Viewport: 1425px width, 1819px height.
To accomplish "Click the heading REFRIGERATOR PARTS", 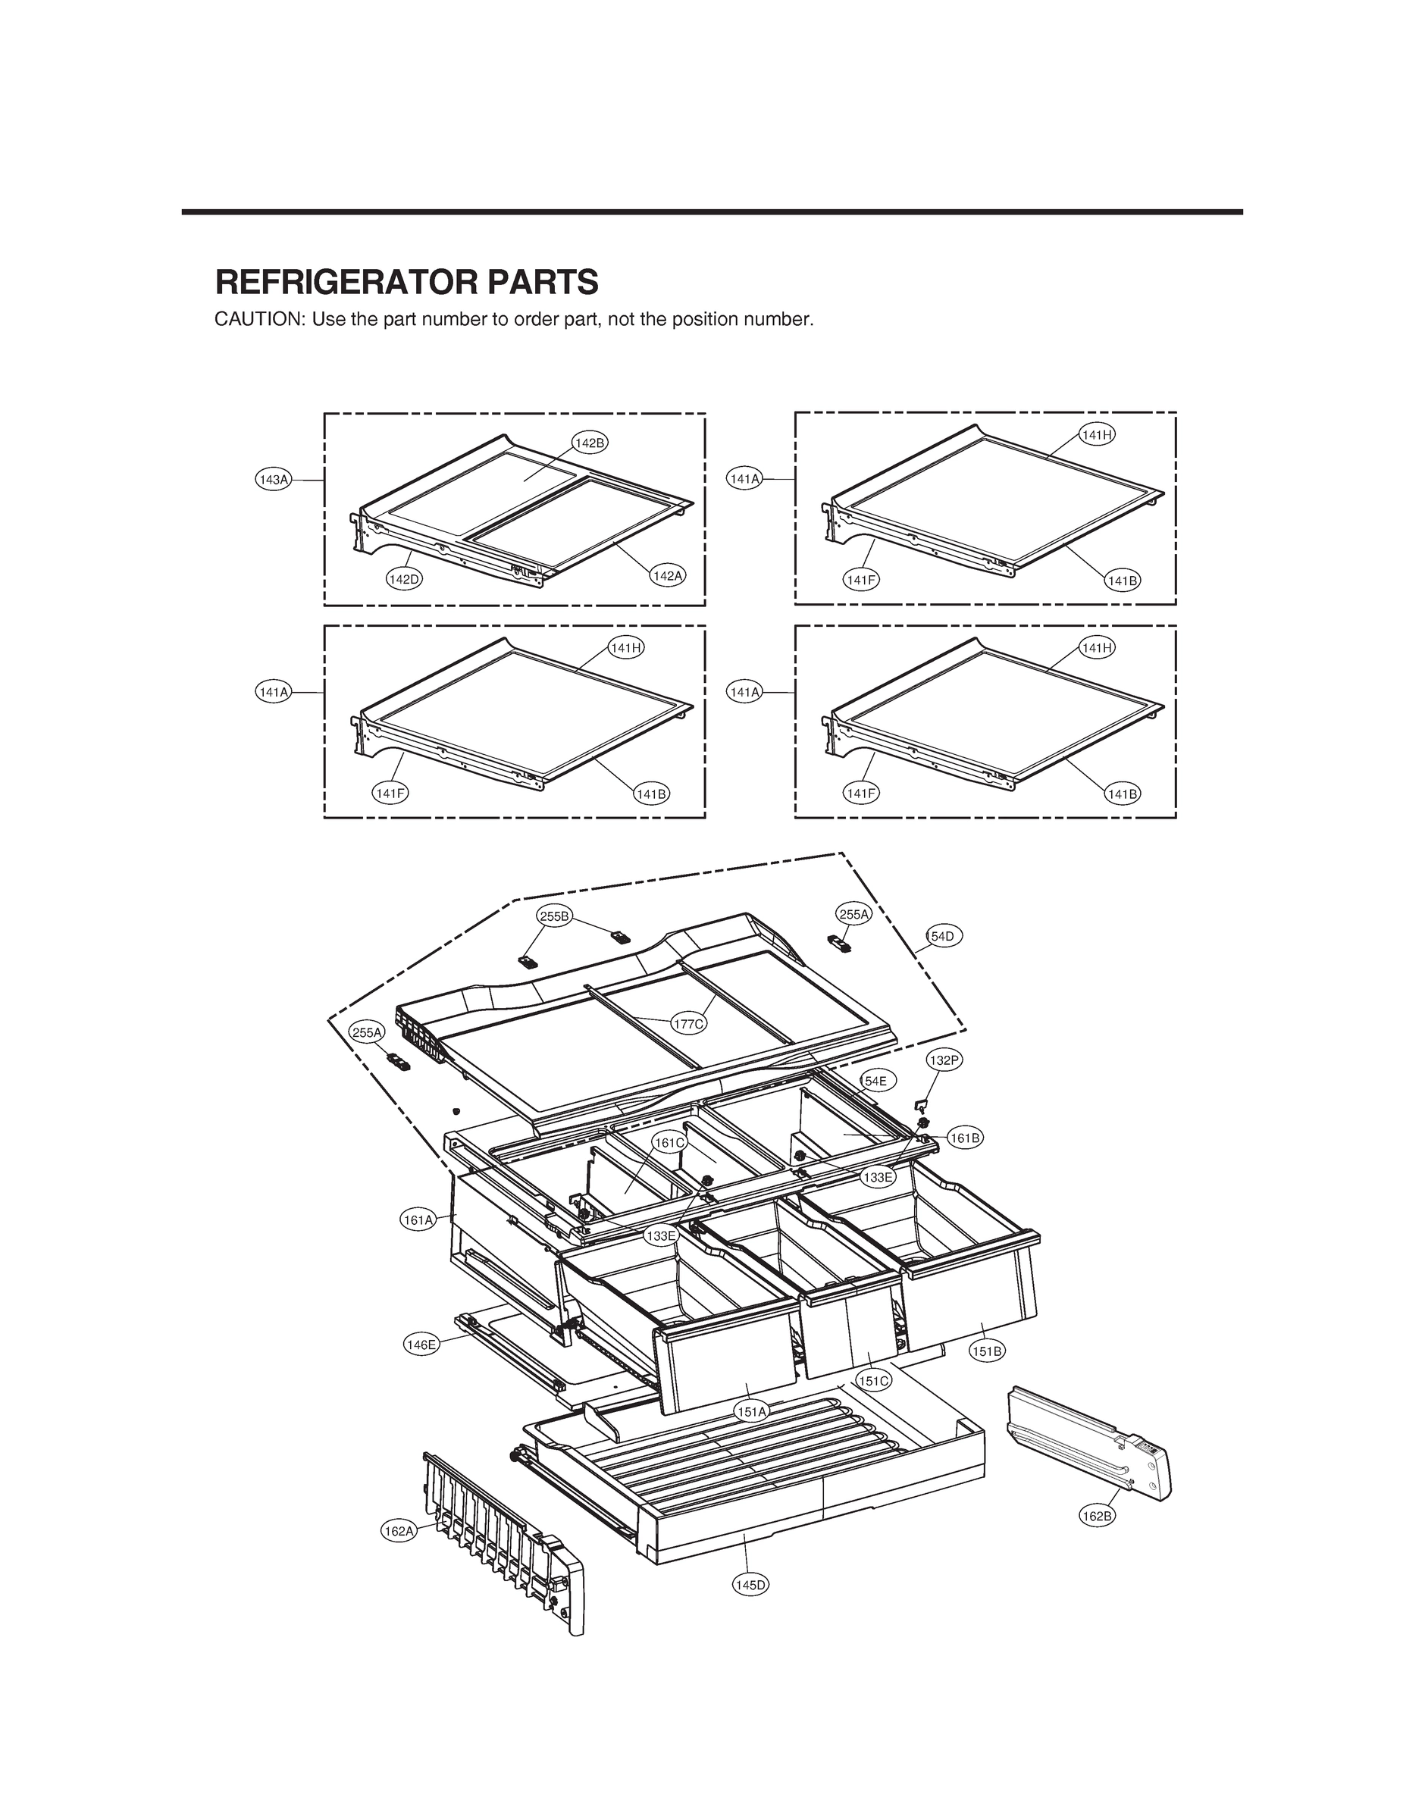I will click(x=406, y=283).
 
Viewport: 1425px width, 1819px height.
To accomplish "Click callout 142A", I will click(x=668, y=575).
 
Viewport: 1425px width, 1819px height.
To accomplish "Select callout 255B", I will click(x=554, y=916).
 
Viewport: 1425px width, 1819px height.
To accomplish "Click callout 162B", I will click(x=1096, y=1517).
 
